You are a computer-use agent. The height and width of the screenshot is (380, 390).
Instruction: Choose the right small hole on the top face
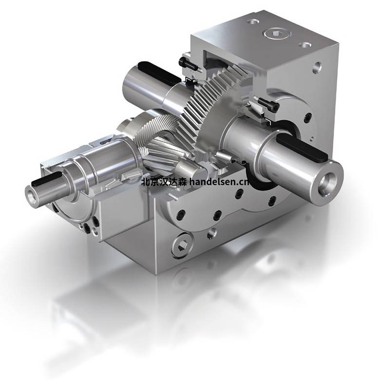coord(305,45)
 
